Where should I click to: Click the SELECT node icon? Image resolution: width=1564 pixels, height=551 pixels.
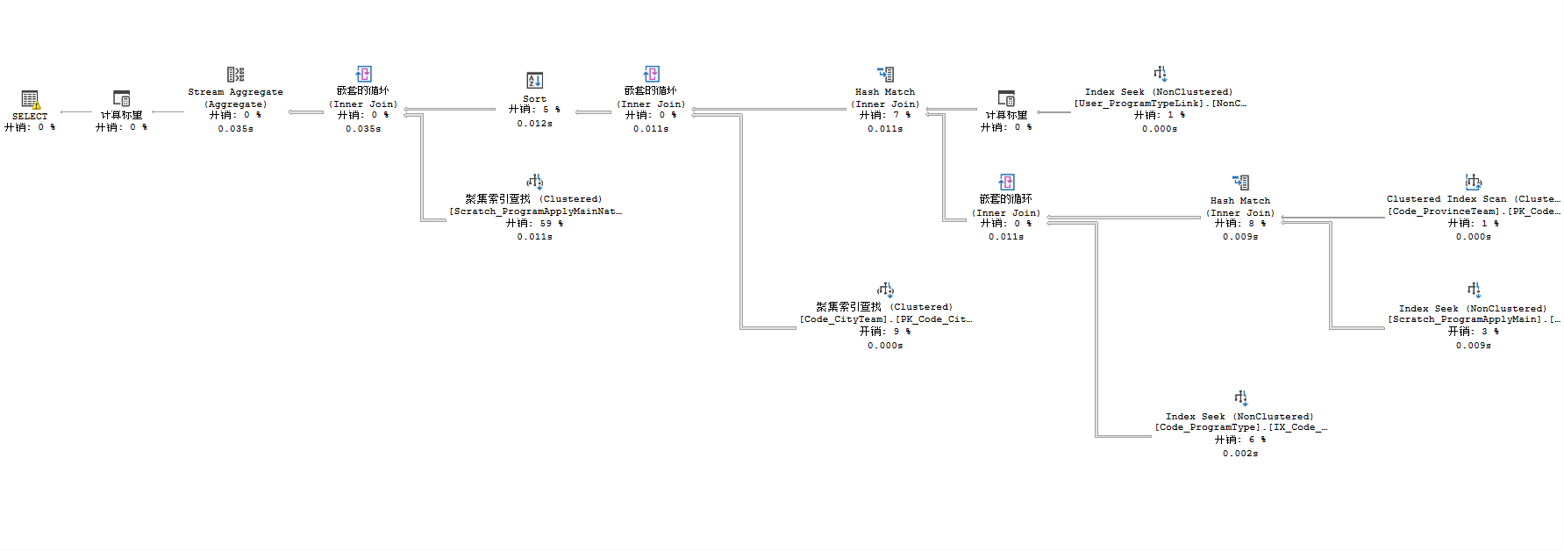[30, 99]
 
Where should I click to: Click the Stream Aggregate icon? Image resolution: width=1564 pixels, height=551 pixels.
[235, 75]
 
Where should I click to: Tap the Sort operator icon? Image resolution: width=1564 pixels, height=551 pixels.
[534, 81]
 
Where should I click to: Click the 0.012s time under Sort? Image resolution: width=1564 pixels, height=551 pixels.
[534, 124]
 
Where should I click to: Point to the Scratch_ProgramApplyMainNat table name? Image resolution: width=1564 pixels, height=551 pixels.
[535, 211]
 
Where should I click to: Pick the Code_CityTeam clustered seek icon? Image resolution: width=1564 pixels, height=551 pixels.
[885, 290]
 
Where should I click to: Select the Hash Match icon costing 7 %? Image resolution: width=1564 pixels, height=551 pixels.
[885, 75]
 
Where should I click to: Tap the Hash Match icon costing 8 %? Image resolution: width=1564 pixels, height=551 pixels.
[1240, 182]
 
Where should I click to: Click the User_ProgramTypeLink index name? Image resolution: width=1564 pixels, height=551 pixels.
[1160, 104]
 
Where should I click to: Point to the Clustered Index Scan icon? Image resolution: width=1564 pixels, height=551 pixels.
[1473, 182]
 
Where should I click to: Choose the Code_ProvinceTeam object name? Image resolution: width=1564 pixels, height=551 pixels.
[1473, 211]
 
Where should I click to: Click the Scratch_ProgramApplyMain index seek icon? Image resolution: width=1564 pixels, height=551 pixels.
[1474, 290]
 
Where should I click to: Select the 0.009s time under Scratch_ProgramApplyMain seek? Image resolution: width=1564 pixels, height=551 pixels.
[1473, 346]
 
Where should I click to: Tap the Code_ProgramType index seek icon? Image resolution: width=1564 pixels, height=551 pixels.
[1240, 398]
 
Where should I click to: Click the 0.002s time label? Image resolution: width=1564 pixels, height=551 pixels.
[1240, 454]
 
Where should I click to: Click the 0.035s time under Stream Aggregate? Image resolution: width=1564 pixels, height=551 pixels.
[235, 129]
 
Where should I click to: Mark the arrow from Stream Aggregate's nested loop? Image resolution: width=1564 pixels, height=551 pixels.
[306, 112]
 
